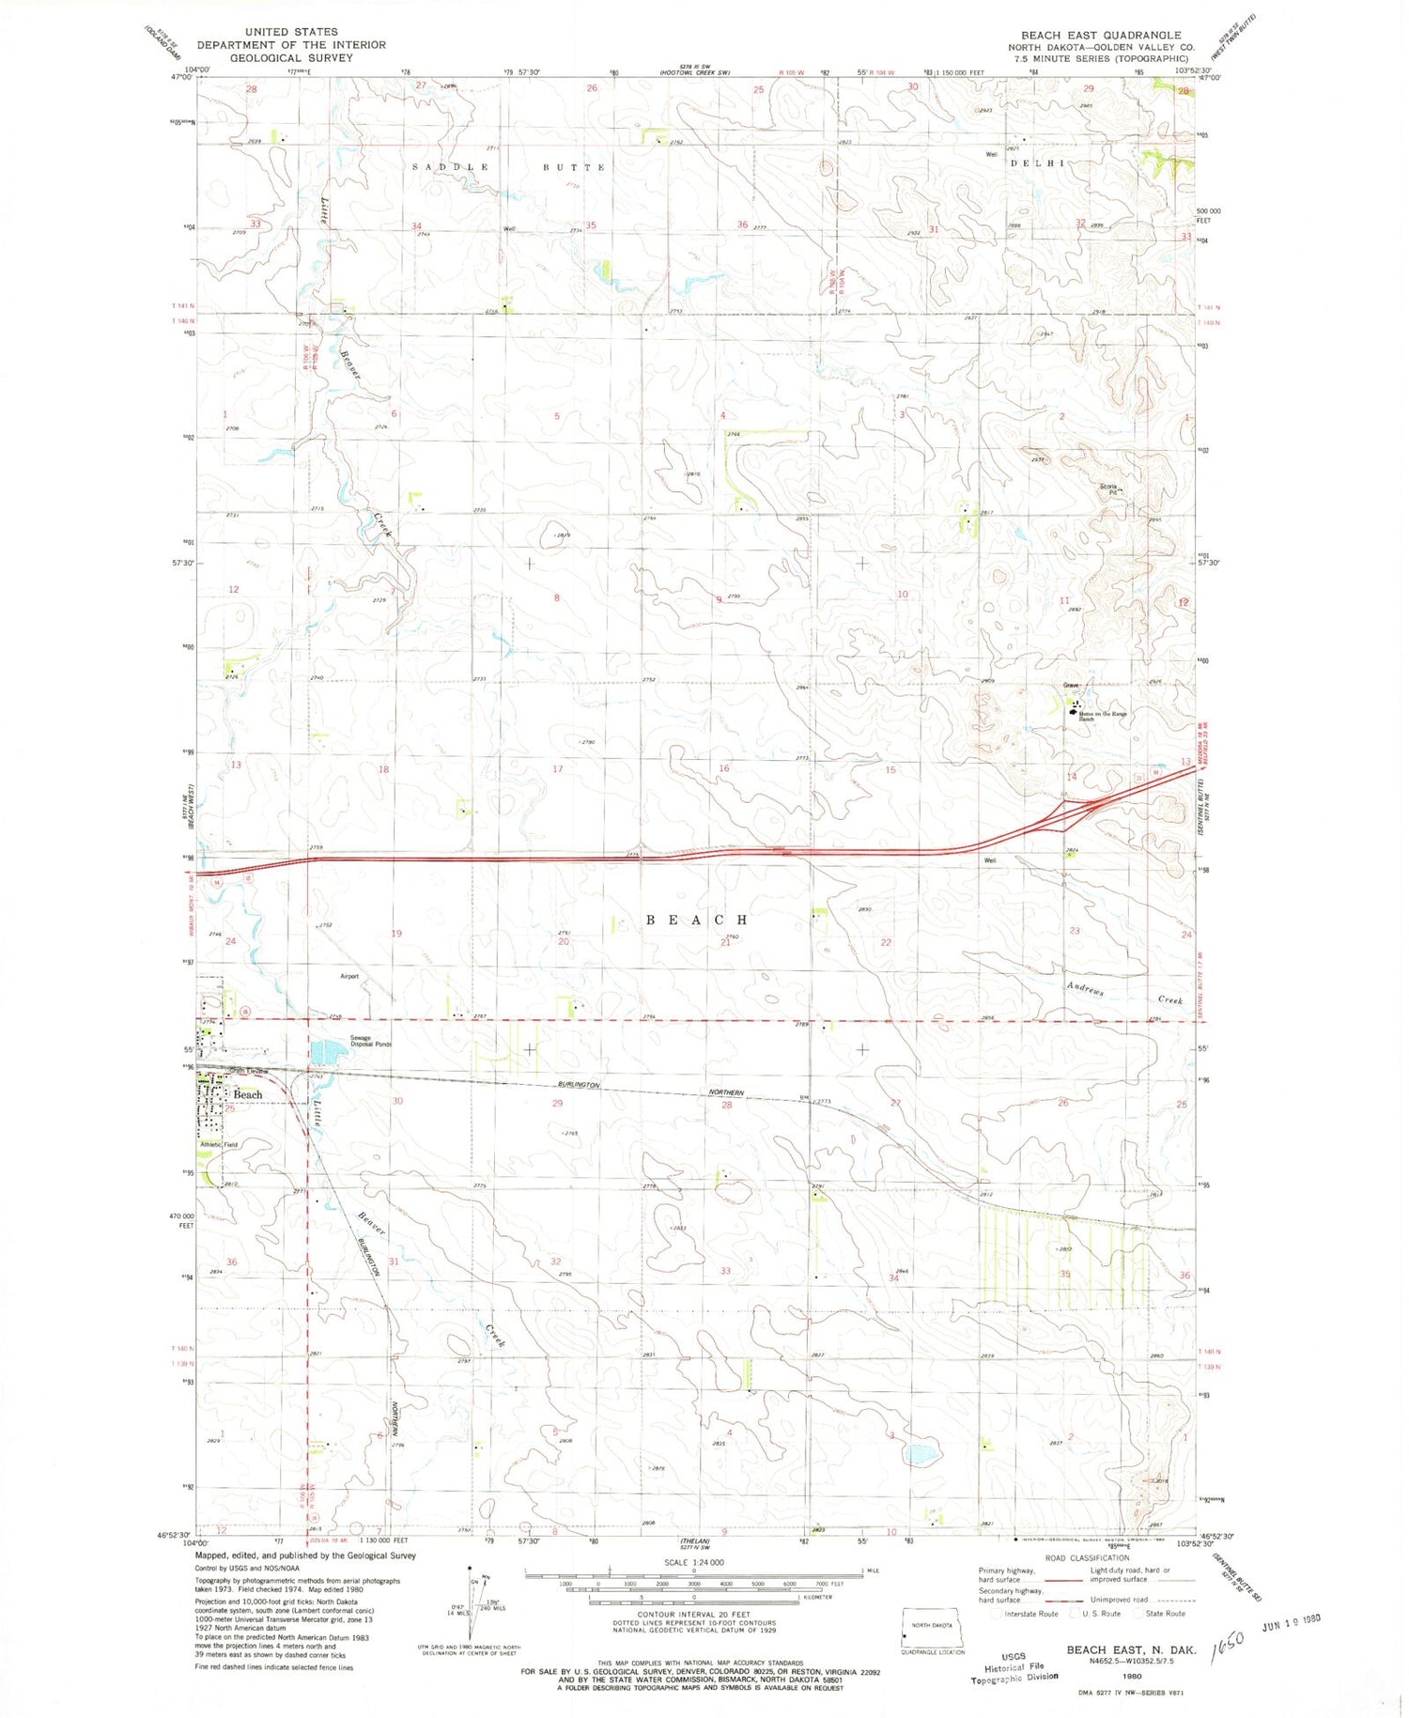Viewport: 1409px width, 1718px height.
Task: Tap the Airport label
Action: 349,977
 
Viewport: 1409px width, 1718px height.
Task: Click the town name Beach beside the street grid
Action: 248,1095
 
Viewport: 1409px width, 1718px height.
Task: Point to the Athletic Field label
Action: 219,1145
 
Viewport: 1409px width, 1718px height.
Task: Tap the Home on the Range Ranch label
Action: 1103,716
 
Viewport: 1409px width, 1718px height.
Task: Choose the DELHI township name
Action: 1037,163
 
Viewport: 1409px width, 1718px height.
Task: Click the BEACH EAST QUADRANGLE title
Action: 1101,35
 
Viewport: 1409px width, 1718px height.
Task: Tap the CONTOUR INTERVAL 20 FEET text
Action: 695,1616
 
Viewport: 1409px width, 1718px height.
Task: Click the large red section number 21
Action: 725,943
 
